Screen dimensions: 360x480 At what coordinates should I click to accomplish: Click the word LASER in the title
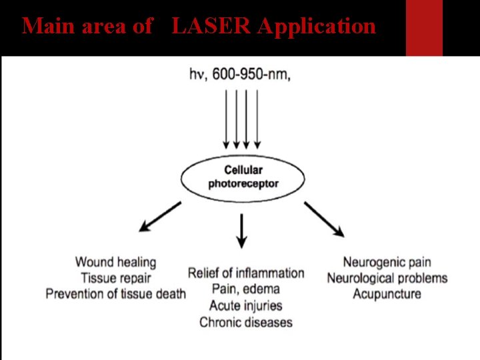[x=211, y=26]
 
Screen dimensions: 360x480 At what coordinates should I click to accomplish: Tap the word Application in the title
[x=316, y=26]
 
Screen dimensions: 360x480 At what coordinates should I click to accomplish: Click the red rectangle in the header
[x=424, y=27]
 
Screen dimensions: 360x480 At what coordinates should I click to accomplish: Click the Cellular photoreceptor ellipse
[x=243, y=177]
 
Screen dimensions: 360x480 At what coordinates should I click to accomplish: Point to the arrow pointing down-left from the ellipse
[x=160, y=218]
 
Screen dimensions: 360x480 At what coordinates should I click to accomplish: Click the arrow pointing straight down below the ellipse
[x=242, y=231]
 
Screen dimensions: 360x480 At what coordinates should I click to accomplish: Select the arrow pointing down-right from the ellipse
[x=325, y=219]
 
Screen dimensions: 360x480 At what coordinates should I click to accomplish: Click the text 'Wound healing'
[x=115, y=262]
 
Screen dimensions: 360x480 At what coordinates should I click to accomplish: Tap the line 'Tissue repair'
[x=115, y=278]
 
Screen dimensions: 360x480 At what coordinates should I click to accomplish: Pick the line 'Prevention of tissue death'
[x=115, y=294]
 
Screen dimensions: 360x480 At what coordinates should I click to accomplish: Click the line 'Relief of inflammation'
[x=246, y=273]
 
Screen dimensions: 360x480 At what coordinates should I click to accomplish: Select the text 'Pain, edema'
[x=246, y=289]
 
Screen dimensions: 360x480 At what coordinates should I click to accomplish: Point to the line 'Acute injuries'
[x=246, y=306]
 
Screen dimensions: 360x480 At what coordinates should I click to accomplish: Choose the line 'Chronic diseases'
[x=246, y=323]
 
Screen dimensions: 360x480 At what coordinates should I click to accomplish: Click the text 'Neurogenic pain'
[x=387, y=262]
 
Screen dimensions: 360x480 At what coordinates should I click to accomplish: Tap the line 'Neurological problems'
[x=387, y=278]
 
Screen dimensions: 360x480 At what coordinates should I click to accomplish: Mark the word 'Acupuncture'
[x=387, y=294]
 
